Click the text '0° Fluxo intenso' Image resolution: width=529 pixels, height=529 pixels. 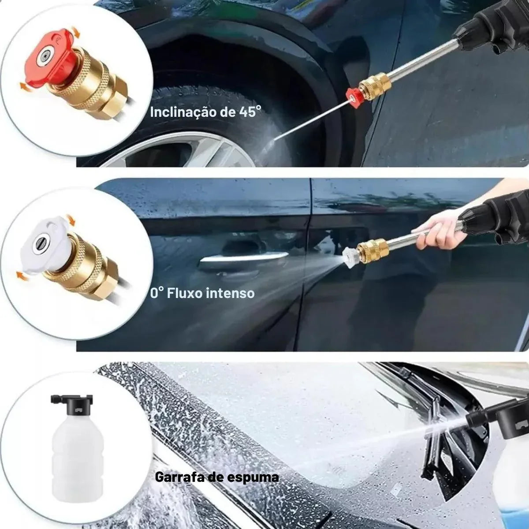pos(202,293)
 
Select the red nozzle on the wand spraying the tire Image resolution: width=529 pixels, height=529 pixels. pos(354,98)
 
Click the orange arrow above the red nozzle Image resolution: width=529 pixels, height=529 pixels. pos(75,32)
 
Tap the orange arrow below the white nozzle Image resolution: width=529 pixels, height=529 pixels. pos(22,275)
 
